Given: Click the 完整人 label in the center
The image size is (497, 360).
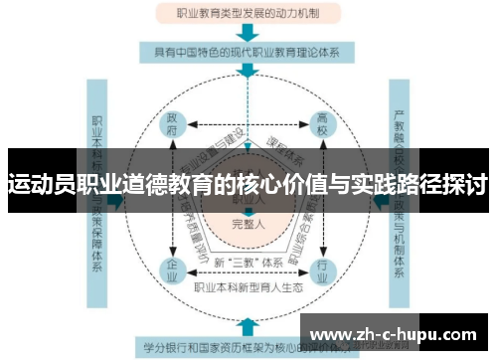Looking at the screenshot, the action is (x=247, y=224).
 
